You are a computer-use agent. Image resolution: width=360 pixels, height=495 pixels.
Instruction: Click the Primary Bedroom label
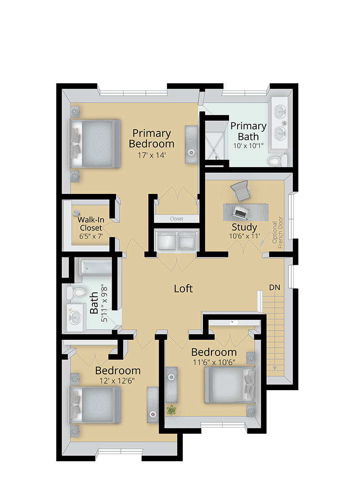[x=152, y=138]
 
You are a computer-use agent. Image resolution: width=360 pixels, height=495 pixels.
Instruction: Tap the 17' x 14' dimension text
[x=152, y=155]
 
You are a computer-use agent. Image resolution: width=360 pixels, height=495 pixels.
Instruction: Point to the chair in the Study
[x=240, y=190]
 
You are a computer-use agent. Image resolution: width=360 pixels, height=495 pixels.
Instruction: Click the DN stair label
[x=274, y=287]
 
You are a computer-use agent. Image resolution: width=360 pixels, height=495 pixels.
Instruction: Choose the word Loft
[x=183, y=288]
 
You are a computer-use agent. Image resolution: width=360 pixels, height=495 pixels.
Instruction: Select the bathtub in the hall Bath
[x=96, y=267]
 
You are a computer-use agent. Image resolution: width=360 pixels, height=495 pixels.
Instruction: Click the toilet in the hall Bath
[x=77, y=293]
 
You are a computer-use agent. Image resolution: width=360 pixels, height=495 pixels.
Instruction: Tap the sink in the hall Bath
[x=75, y=317]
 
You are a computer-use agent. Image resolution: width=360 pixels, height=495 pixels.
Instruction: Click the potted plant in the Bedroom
[x=171, y=410]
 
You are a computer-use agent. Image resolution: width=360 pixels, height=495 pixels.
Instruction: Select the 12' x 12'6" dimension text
[x=117, y=381]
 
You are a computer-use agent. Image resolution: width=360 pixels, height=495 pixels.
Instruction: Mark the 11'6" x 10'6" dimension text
[x=214, y=362]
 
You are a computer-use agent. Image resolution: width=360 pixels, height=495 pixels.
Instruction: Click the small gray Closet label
[x=176, y=218]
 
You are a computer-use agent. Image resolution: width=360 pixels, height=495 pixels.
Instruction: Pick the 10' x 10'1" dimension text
[x=248, y=146]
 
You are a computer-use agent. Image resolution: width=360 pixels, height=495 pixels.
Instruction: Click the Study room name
[x=244, y=227]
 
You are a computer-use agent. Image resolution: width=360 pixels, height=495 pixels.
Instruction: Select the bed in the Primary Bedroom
[x=95, y=144]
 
